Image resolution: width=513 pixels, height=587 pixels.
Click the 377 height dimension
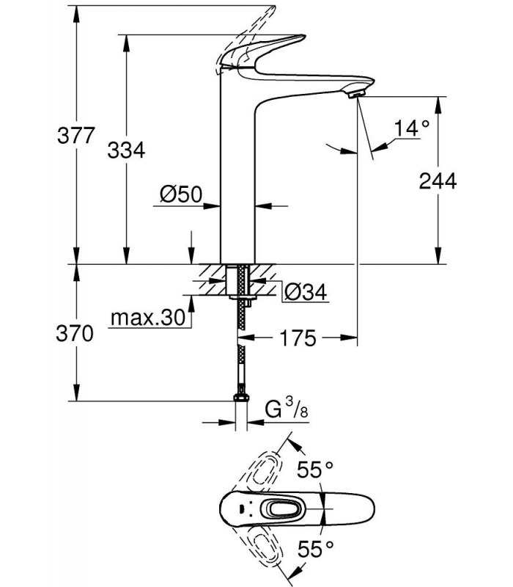click(76, 135)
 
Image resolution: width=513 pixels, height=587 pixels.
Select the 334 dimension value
click(126, 150)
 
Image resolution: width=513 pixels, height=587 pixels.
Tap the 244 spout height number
click(438, 181)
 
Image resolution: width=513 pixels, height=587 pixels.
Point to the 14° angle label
click(412, 128)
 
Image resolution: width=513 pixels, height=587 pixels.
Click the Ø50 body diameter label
click(181, 194)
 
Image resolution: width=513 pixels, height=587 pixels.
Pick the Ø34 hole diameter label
click(306, 291)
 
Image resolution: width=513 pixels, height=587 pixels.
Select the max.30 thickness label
click(148, 318)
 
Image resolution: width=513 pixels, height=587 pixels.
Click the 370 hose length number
click(75, 333)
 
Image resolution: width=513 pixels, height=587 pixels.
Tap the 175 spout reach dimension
click(298, 338)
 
